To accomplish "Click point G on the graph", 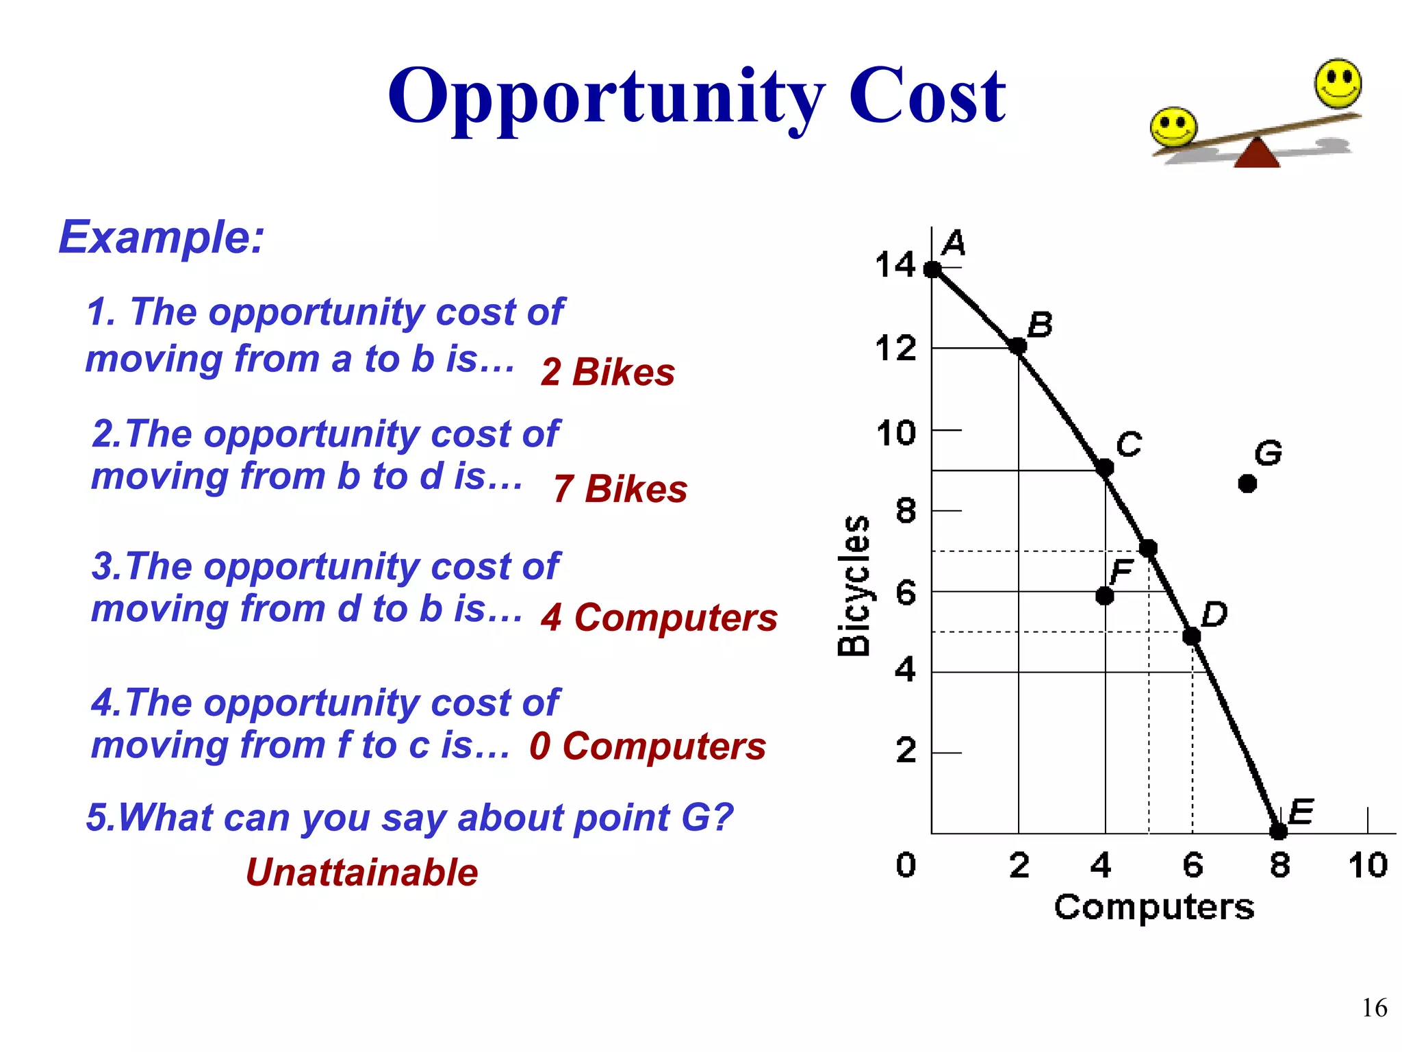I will click(1247, 484).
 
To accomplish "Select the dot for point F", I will click(1104, 596).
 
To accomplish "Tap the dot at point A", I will click(932, 269).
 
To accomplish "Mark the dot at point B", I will click(1018, 346).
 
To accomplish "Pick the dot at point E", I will click(1278, 831).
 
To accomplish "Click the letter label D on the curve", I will click(1214, 614).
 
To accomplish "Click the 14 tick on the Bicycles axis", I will click(895, 265).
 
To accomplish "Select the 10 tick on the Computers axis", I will click(1368, 865).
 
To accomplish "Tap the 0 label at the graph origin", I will click(906, 865).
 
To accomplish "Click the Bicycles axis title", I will click(854, 586).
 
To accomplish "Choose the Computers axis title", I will click(1154, 907).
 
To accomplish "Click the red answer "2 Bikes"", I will click(607, 373).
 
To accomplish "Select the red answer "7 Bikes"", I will click(620, 489).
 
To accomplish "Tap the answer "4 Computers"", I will click(659, 618).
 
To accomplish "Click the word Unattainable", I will click(361, 873).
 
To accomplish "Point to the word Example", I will click(161, 238).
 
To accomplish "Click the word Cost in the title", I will click(927, 96).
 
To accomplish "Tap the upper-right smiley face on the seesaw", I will click(1338, 84).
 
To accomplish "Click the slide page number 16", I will click(1374, 1008).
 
